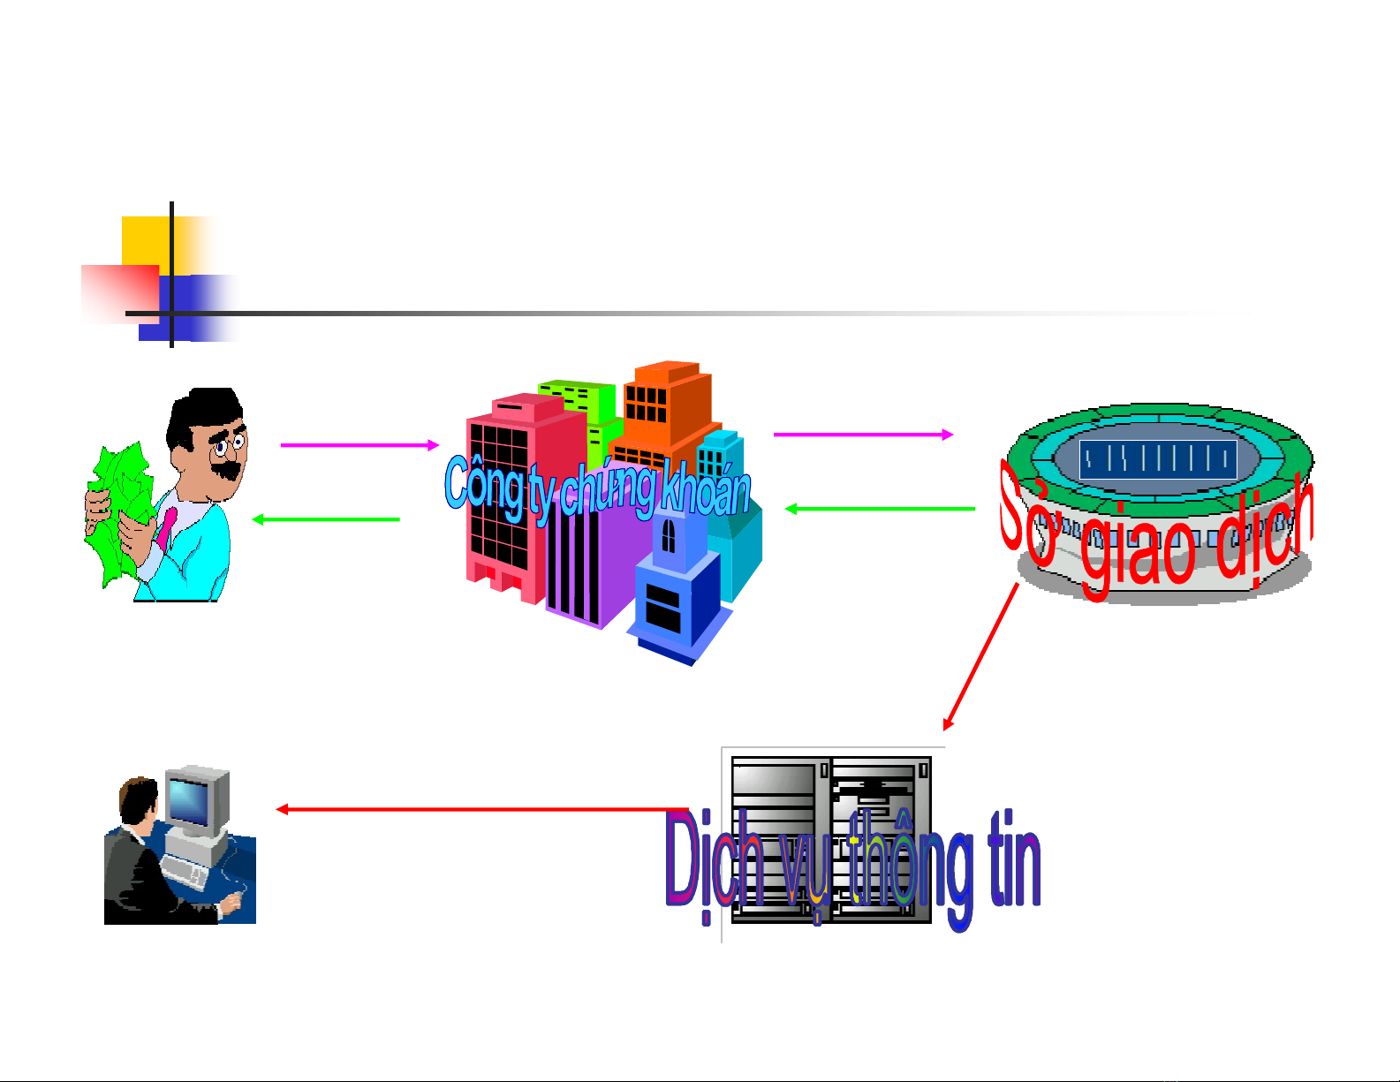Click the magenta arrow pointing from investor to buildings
(x=359, y=445)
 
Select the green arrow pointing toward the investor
(x=326, y=519)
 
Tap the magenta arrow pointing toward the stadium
(x=862, y=435)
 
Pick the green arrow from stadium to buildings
(x=880, y=509)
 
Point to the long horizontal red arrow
(x=481, y=809)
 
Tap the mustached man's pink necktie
(x=167, y=526)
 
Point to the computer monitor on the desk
(x=194, y=799)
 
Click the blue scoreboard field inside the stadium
(x=1157, y=458)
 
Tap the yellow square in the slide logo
(x=146, y=240)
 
